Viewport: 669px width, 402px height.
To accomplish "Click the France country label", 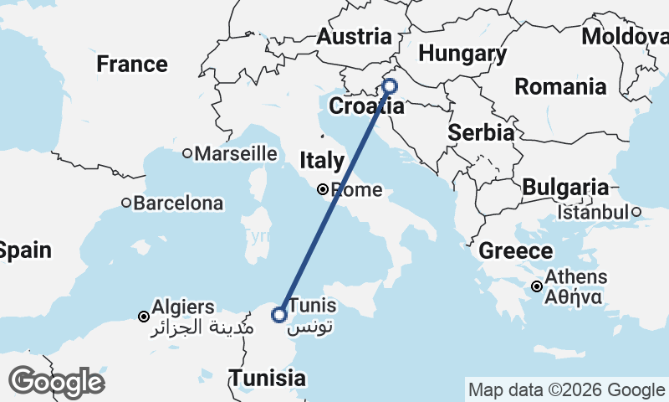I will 132,64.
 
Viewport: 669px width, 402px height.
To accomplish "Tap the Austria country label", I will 354,37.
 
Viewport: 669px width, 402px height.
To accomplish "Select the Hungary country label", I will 462,54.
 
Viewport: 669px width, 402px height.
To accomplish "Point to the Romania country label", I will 560,86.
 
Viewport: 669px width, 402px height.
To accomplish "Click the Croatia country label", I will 366,106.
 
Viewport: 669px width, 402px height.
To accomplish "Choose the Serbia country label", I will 481,132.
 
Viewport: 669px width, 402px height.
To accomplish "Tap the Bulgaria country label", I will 566,188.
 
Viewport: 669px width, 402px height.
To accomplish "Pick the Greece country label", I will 516,250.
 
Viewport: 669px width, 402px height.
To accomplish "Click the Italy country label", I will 322,160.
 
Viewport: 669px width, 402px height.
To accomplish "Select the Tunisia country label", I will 268,378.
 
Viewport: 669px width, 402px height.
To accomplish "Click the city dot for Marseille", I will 187,153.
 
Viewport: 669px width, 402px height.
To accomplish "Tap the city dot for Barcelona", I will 126,203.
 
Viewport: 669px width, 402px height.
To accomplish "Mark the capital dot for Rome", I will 323,190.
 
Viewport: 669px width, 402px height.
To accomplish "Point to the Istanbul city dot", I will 636,212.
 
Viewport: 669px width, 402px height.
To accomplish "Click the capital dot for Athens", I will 537,286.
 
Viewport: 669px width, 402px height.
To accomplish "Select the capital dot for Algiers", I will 144,317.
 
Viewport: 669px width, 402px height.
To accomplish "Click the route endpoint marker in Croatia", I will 389,85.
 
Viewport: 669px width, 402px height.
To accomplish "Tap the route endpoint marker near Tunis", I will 279,315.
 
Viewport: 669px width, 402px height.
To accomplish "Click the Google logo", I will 56,382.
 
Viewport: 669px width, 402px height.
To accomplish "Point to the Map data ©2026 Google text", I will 566,389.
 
